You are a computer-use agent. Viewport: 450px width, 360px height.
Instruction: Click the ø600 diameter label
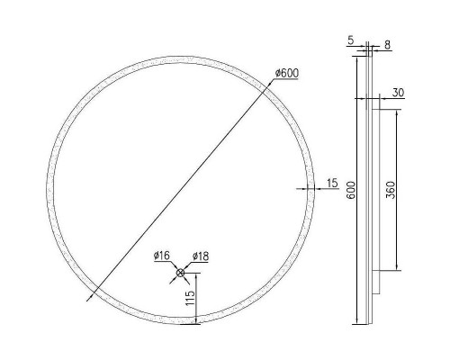click(286, 73)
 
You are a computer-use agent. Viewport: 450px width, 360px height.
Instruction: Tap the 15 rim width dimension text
click(331, 184)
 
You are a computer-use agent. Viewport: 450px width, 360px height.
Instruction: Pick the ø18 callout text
click(201, 256)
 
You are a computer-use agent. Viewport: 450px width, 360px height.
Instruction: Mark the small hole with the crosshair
click(181, 273)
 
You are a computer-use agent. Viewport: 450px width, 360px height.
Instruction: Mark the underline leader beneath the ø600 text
click(287, 80)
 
